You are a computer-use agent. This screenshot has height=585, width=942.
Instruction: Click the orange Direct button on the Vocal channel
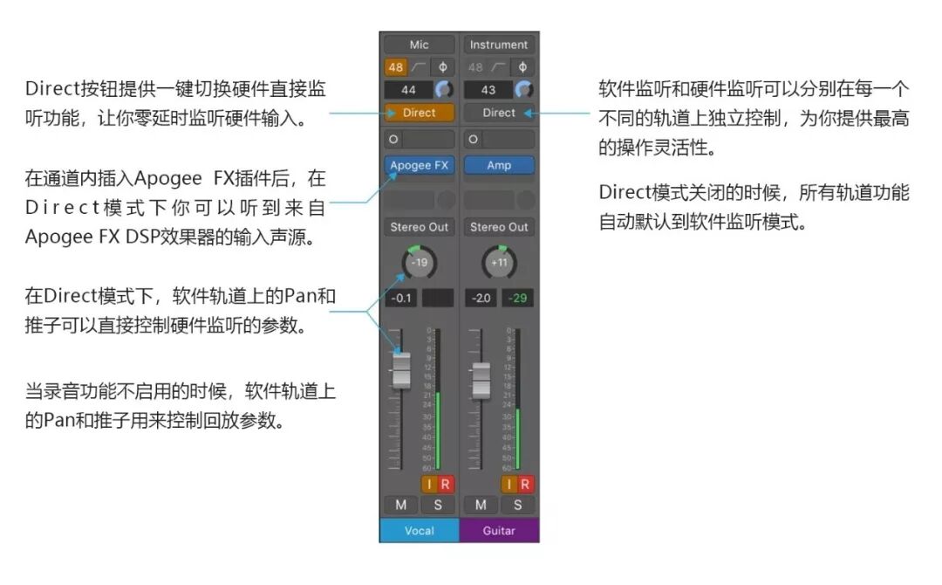[x=419, y=113]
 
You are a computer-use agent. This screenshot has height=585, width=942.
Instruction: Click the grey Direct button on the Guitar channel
[x=499, y=113]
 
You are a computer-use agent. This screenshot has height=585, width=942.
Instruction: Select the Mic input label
[x=419, y=45]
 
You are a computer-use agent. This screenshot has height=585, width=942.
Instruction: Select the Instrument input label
[x=499, y=45]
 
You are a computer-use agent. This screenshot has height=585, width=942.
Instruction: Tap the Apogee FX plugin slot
[x=419, y=165]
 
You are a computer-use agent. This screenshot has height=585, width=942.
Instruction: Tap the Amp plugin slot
[x=499, y=165]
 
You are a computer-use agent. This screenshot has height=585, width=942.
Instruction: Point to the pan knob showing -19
[x=419, y=262]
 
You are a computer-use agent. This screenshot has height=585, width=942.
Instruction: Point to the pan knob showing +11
[x=499, y=262]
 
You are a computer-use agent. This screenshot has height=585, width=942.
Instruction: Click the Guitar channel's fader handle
[x=481, y=380]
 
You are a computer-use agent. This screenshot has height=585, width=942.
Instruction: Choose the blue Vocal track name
[x=419, y=530]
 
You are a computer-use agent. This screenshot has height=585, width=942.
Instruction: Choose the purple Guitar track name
[x=499, y=530]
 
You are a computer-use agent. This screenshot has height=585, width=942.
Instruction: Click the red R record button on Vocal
[x=445, y=485]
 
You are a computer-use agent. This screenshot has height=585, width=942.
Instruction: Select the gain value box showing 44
[x=408, y=90]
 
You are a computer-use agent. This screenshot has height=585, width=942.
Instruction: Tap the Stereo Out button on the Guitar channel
[x=499, y=227]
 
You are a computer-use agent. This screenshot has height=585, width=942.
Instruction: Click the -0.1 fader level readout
[x=401, y=299]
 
